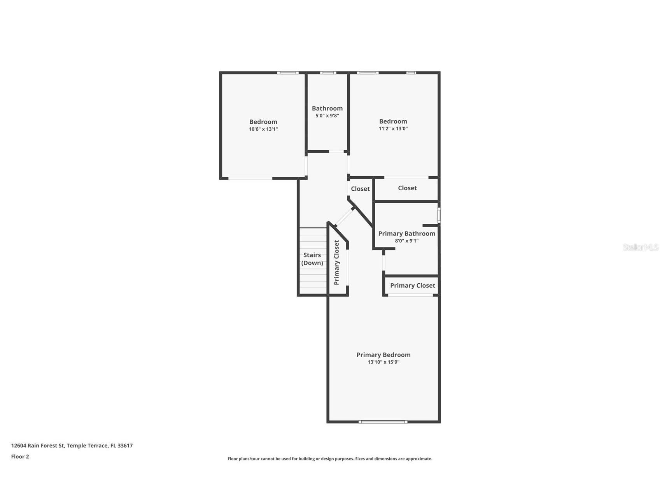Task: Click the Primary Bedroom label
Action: click(383, 355)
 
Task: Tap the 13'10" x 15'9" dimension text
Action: click(383, 362)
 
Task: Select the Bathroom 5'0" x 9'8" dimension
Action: click(327, 116)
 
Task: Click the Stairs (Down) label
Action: click(312, 259)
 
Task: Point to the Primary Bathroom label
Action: click(407, 233)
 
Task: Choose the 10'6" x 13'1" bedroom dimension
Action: click(263, 129)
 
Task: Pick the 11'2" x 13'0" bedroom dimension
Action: click(393, 128)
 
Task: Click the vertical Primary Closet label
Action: click(337, 262)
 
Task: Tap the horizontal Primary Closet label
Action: click(413, 286)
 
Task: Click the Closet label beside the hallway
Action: click(360, 189)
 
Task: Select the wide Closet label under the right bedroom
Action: click(407, 188)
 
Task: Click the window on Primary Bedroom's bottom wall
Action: click(383, 422)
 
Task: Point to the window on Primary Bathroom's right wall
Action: click(439, 215)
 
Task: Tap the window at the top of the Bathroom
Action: click(328, 73)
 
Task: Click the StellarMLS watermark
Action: click(641, 247)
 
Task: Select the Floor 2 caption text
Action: click(20, 456)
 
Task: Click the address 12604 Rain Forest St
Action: click(38, 446)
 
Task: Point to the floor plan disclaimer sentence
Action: click(330, 459)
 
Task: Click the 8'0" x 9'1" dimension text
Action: click(407, 241)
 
